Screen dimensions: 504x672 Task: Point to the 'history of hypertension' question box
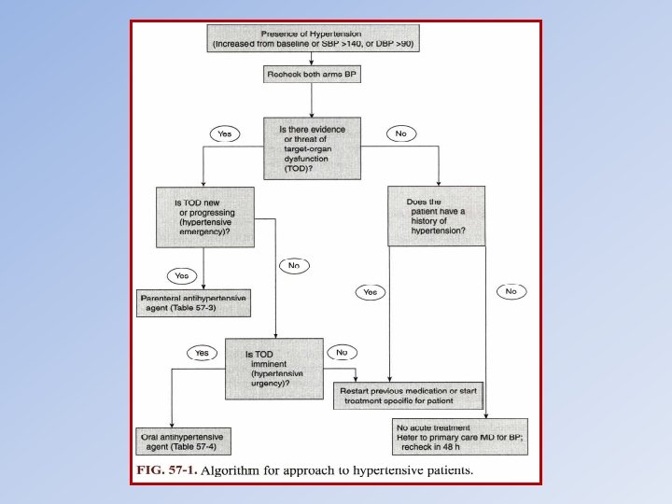[436, 217]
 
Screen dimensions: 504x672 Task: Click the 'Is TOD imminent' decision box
[274, 369]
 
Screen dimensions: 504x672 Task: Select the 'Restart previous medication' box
[408, 395]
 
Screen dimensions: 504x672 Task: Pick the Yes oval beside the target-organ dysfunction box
[224, 134]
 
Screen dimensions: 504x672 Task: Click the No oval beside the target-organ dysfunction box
[400, 134]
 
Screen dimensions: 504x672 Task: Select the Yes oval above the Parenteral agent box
[181, 275]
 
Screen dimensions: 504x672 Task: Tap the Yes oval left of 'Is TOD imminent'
[202, 353]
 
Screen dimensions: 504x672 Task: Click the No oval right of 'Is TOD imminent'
[343, 353]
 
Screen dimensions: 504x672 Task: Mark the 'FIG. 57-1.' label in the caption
[169, 470]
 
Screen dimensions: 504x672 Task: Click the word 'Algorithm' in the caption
[236, 470]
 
